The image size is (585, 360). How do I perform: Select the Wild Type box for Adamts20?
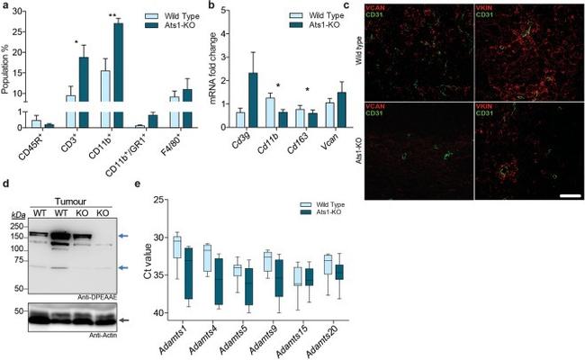point(328,264)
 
